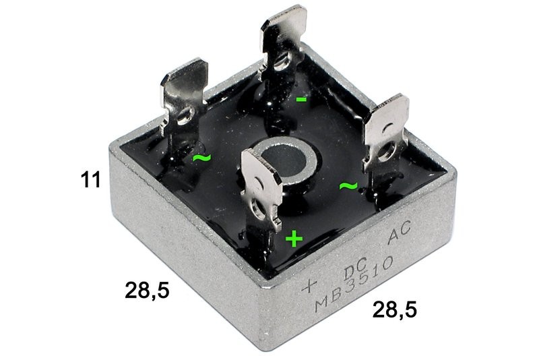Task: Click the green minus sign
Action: pos(301,99)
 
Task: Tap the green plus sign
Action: pos(294,239)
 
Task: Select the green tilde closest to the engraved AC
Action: pos(348,186)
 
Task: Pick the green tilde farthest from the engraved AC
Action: pos(201,158)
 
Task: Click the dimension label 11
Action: pos(91,180)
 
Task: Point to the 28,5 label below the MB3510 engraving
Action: pos(394,309)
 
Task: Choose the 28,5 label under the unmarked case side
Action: pos(147,290)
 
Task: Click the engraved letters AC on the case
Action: pos(399,233)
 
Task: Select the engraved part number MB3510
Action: pos(354,284)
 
